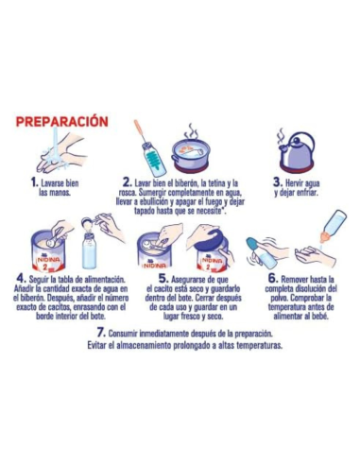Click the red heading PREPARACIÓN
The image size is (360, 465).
[74, 122]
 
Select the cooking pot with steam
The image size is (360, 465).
[196, 153]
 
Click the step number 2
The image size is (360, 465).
[127, 181]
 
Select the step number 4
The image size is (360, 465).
[22, 280]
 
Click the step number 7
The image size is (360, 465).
[100, 333]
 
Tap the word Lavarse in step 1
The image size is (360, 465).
[54, 181]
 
